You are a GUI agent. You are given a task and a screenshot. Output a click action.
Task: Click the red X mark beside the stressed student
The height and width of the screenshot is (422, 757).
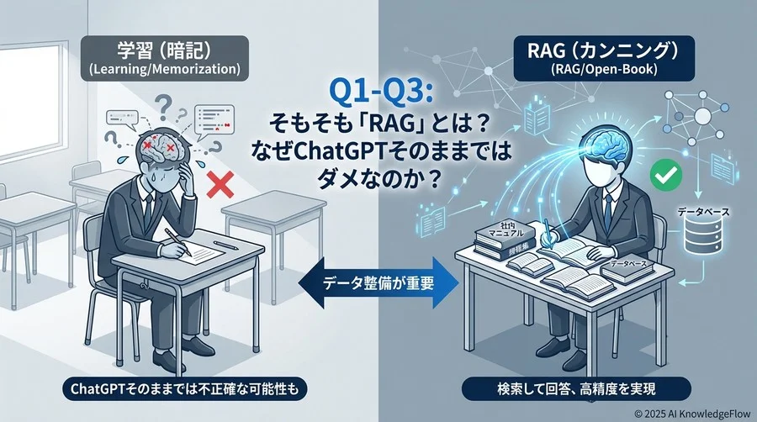(220, 182)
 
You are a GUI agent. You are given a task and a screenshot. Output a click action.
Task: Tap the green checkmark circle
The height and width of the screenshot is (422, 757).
(664, 176)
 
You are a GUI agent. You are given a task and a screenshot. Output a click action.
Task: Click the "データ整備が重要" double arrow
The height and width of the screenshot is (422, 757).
(378, 282)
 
